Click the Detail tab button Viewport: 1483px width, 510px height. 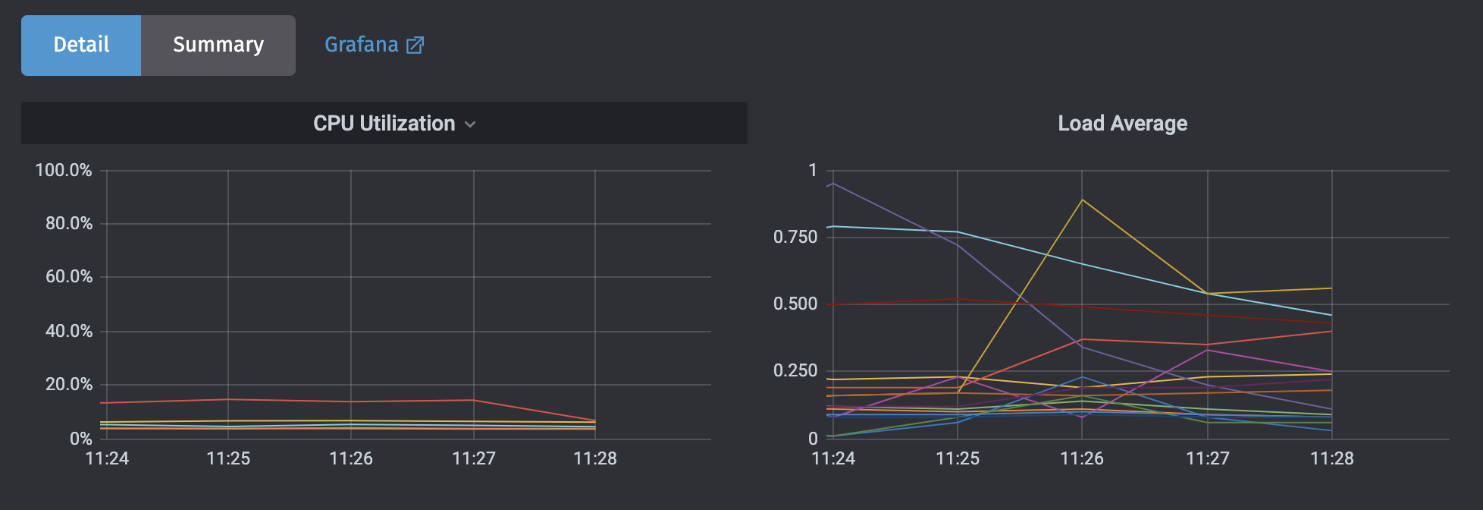coord(81,45)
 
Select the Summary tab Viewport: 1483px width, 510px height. coord(218,45)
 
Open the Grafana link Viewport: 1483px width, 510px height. coord(362,45)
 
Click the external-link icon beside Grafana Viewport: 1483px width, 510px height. coord(415,46)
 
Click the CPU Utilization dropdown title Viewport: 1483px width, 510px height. coord(384,124)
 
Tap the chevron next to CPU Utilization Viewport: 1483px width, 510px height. coord(470,124)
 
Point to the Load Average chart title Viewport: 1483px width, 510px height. coord(1122,124)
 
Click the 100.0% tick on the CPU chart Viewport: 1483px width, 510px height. coord(64,170)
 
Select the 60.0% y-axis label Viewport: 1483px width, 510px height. coord(68,277)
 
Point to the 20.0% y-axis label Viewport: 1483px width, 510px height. coord(68,385)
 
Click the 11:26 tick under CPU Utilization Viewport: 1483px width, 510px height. coord(351,458)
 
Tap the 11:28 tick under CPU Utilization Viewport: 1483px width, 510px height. coord(595,458)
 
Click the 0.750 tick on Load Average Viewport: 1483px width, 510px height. coord(795,237)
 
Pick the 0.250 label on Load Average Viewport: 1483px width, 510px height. coord(795,371)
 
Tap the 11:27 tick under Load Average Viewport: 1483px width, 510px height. coord(1207,458)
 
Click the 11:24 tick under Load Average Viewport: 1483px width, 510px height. coord(833,458)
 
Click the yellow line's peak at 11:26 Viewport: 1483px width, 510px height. coord(1082,200)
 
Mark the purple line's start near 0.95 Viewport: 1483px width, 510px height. coord(833,184)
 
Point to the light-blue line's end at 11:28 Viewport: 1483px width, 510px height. coord(1331,315)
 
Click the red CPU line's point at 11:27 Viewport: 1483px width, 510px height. coord(474,400)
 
